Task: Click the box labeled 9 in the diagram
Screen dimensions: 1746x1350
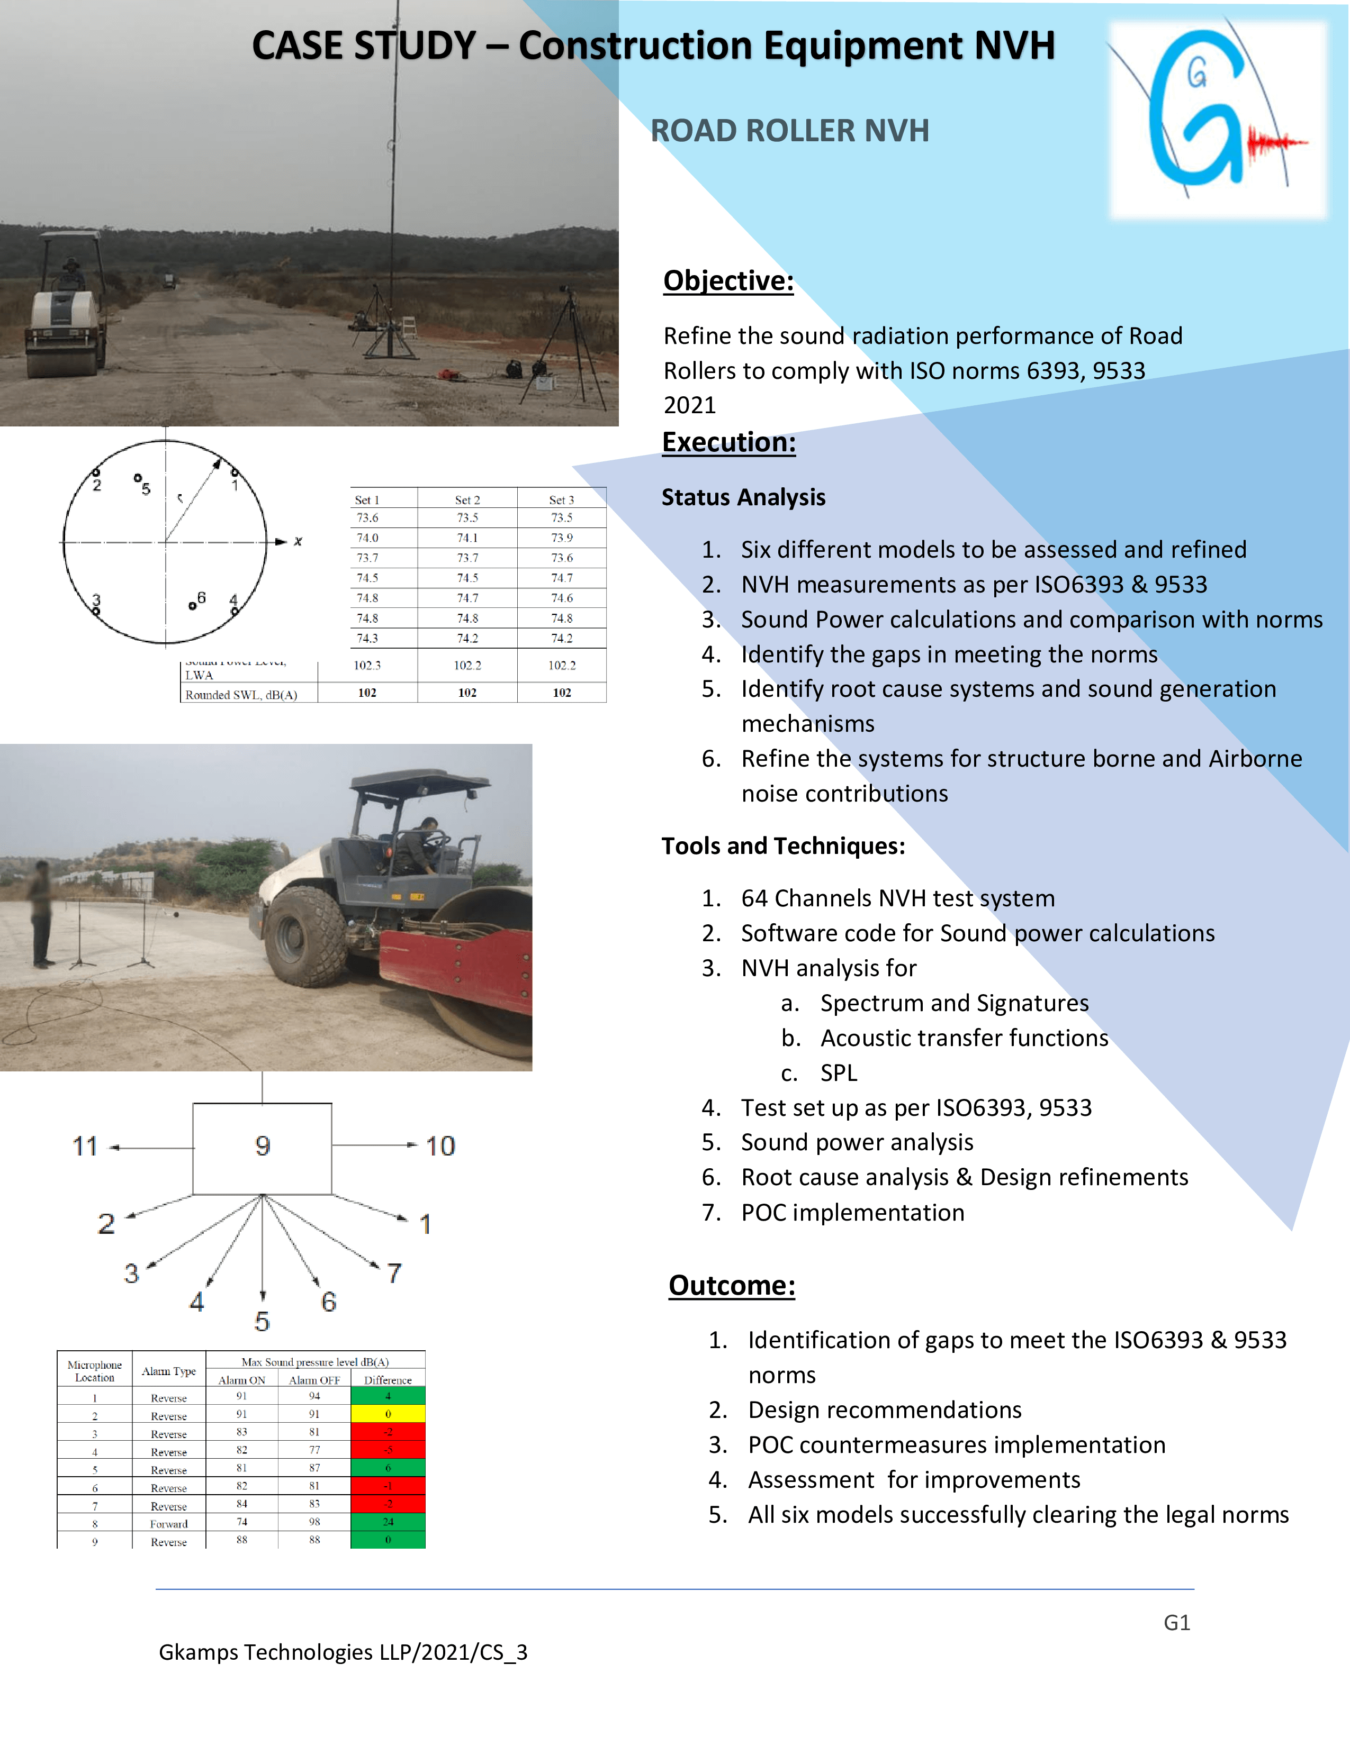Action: click(262, 1148)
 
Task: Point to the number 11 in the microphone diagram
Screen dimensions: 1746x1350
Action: click(85, 1147)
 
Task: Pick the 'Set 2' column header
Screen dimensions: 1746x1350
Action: click(467, 499)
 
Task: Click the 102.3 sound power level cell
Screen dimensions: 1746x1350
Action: click(367, 665)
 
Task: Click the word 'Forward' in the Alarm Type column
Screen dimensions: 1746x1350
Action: click(169, 1524)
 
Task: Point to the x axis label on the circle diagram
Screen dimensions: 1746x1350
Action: click(298, 541)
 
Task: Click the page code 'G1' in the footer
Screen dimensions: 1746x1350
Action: click(1176, 1622)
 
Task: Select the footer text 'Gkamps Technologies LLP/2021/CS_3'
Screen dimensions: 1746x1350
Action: click(343, 1652)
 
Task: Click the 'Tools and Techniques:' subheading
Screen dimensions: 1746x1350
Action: click(783, 846)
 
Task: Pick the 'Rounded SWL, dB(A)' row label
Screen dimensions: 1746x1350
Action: click(241, 695)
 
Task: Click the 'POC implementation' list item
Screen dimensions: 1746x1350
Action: click(852, 1213)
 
